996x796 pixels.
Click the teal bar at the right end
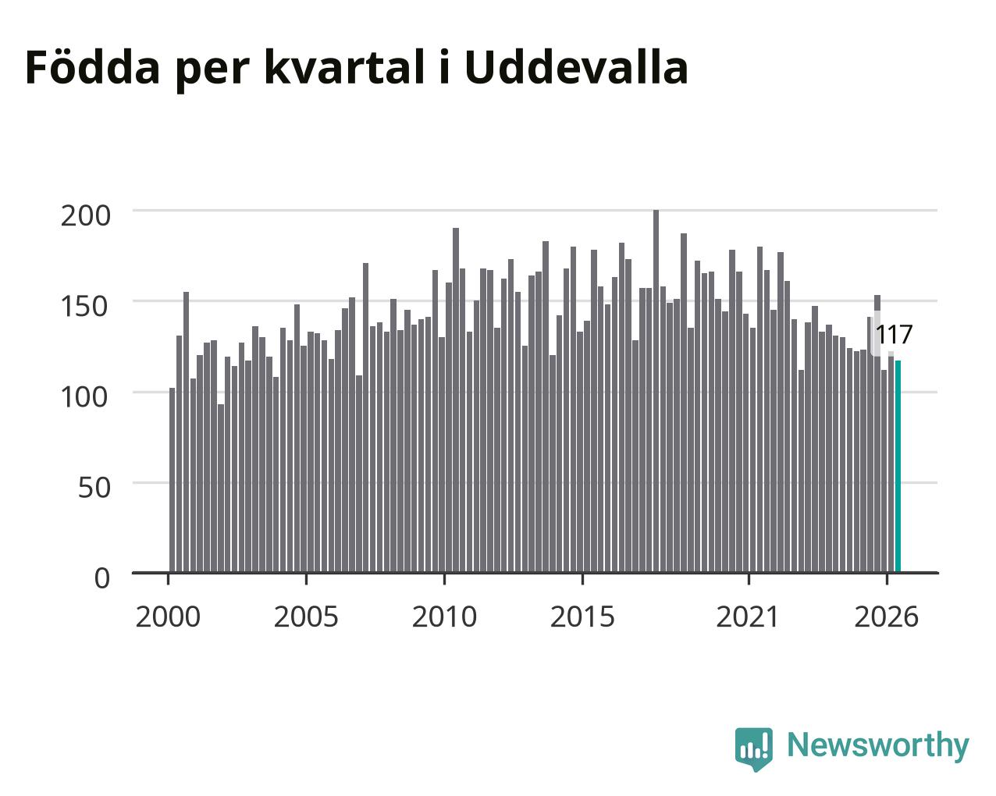pos(898,467)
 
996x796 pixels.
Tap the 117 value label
pos(895,335)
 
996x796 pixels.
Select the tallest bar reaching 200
pos(656,392)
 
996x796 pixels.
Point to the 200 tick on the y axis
pos(86,215)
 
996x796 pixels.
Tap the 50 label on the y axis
pos(94,487)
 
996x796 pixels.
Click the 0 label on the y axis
pos(102,578)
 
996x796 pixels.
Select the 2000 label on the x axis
pos(168,617)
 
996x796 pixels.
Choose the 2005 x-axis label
pos(306,617)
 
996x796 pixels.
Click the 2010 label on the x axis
pos(444,617)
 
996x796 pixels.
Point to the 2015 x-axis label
pos(582,617)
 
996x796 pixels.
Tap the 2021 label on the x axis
pos(748,617)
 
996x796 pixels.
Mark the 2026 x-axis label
pos(886,617)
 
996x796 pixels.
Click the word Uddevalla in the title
pos(577,67)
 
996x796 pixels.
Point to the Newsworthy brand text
pos(878,745)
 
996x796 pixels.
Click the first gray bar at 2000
pos(173,481)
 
